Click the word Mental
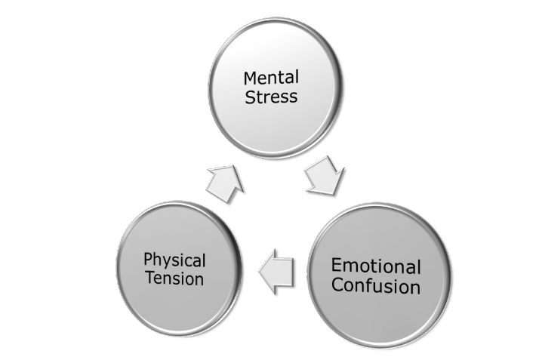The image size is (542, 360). coord(269,77)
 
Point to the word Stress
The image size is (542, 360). coord(270,97)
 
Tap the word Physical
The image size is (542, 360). coord(174,261)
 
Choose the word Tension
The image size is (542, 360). coord(174,279)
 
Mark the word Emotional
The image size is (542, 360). coord(376,266)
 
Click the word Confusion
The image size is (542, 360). coord(376,287)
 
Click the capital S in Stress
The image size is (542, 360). coord(249,97)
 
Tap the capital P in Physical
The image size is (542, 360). coord(148,262)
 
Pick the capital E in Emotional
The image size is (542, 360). coord(337,266)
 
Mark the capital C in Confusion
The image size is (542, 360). coord(337,287)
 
